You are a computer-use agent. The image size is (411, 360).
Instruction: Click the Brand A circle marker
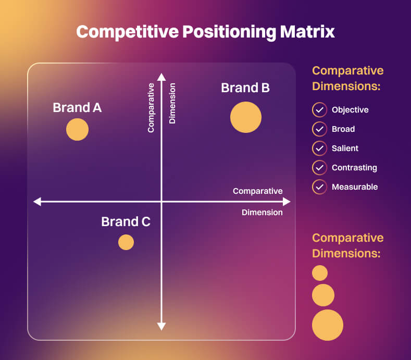point(77,130)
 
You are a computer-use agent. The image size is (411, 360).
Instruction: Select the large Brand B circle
point(246,117)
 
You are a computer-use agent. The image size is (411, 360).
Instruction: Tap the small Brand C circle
point(126,242)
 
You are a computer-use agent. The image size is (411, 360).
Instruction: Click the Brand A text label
point(77,108)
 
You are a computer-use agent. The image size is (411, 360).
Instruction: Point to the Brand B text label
point(245,88)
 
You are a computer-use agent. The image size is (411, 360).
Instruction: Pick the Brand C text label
point(126,222)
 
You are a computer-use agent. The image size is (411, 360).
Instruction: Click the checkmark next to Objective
point(319,110)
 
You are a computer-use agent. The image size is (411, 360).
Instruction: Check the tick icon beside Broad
point(319,129)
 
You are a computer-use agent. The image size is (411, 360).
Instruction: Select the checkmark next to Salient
point(319,148)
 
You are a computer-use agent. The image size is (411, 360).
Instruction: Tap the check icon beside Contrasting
point(319,168)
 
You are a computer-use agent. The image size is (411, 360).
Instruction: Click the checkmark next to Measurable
point(319,187)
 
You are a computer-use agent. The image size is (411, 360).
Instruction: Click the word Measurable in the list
point(355,187)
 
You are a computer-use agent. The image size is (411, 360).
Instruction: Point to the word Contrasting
point(354,168)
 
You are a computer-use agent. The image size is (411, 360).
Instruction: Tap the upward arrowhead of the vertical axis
point(161,77)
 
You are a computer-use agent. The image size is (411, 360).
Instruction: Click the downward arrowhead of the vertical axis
point(161,326)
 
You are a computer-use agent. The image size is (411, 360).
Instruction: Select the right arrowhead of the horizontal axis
point(286,201)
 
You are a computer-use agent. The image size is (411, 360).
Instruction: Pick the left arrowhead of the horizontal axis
point(37,201)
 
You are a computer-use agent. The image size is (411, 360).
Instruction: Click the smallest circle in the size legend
point(320,273)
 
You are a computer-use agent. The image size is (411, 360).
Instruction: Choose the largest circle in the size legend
point(328,325)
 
